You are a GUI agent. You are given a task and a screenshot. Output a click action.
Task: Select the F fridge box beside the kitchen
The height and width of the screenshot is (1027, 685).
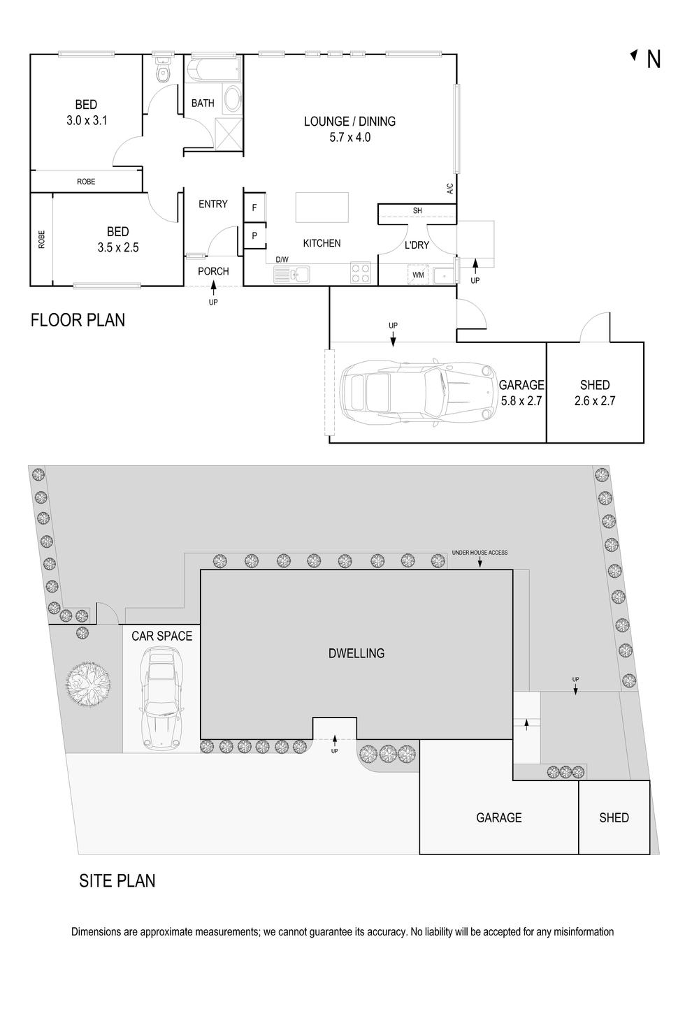click(x=254, y=207)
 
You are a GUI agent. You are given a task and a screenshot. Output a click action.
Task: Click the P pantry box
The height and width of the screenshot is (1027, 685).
click(x=254, y=236)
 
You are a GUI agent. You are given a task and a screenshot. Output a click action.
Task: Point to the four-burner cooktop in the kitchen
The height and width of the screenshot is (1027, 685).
click(x=361, y=273)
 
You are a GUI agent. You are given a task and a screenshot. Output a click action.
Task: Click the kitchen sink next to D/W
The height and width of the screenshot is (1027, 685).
click(x=291, y=275)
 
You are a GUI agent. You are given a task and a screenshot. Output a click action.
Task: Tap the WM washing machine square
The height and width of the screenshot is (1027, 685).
click(x=418, y=275)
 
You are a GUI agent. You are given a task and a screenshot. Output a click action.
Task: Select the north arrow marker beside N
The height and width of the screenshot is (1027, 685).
click(x=634, y=55)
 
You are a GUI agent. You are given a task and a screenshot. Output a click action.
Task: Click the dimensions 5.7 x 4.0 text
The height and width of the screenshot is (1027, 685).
click(x=349, y=137)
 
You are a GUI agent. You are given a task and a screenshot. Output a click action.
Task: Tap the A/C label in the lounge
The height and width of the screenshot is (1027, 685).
click(x=450, y=189)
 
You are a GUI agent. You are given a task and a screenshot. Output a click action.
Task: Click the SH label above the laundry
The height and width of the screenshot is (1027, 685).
click(x=417, y=211)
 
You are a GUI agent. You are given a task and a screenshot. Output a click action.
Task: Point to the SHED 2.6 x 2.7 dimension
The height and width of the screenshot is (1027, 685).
click(x=595, y=401)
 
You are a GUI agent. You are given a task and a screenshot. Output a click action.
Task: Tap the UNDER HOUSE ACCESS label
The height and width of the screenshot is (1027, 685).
click(x=480, y=553)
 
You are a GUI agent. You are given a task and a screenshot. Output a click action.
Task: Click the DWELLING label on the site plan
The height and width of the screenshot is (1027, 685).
click(x=356, y=653)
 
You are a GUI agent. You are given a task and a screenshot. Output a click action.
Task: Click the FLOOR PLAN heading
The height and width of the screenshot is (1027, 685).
click(x=78, y=320)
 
